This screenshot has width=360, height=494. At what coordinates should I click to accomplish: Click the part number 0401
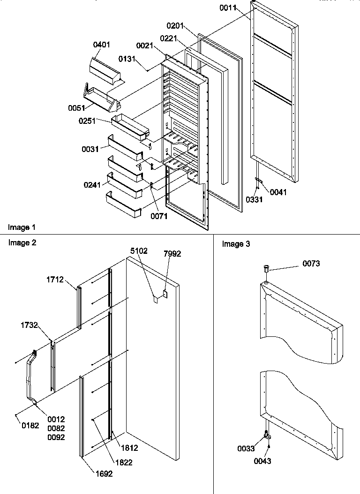point(102,45)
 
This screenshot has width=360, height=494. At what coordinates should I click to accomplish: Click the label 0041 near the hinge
point(278,192)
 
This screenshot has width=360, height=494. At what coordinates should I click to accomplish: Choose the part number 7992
point(172,254)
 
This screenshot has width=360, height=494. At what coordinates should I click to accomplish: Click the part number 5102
point(139,251)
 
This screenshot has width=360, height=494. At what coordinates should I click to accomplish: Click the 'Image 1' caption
point(22,228)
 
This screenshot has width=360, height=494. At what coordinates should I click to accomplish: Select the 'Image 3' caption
point(236,244)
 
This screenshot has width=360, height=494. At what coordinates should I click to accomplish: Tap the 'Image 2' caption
point(22,243)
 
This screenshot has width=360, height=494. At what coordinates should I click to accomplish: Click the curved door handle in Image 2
point(32,375)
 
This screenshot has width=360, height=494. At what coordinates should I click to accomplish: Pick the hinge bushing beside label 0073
point(266,270)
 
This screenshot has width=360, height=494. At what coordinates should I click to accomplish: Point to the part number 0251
point(88,121)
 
